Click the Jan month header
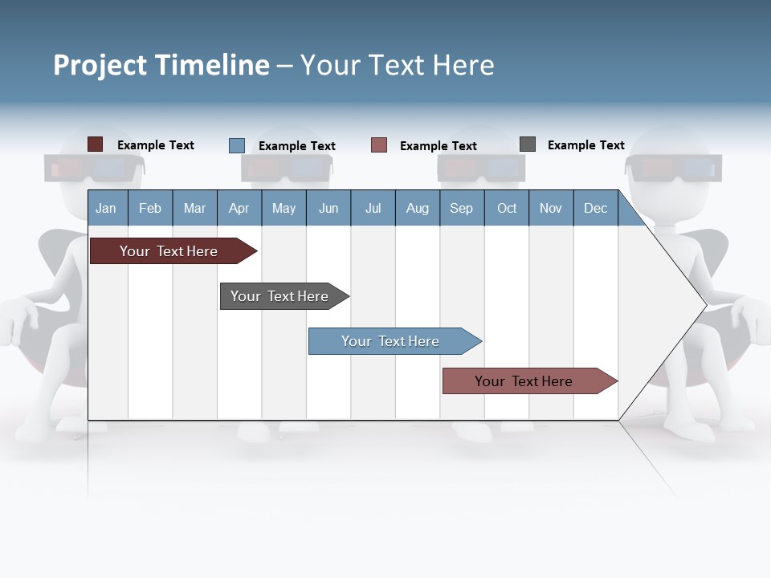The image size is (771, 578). tap(107, 208)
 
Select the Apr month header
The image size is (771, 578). tap(239, 208)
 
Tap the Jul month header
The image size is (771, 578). tap(373, 208)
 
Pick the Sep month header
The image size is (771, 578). tap(461, 208)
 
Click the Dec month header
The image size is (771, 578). tap(595, 208)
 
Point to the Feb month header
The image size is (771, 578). tap(150, 208)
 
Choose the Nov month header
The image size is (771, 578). tap(551, 208)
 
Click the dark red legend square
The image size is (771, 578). tap(95, 144)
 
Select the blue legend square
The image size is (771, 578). tap(236, 145)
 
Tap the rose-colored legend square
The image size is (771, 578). tap(379, 145)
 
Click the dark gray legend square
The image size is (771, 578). tap(528, 144)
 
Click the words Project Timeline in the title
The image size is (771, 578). tap(161, 65)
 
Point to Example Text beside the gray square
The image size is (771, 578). tap(585, 145)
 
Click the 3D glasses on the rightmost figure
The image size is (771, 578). tap(674, 169)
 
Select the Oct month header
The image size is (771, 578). tap(507, 208)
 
